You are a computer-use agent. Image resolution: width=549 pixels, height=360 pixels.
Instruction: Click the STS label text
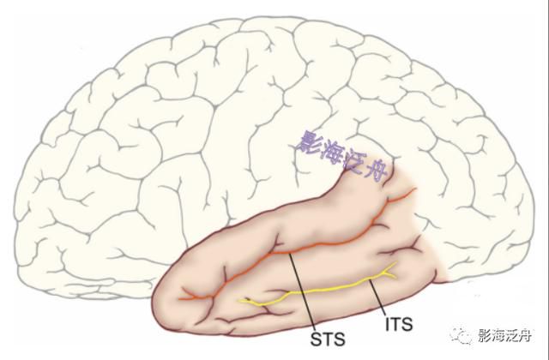328,339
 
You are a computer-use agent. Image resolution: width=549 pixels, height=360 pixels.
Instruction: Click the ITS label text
399,324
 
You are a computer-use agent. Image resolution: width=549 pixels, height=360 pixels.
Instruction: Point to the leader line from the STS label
300,291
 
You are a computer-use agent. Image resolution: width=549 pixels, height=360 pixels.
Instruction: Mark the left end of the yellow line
239,300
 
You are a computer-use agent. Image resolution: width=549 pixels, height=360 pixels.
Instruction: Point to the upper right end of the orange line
415,189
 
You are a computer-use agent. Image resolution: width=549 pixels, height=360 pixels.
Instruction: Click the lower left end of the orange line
179,299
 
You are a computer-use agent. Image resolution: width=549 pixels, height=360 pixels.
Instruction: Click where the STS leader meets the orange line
289,254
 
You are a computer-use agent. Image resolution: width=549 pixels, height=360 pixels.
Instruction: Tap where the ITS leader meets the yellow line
370,280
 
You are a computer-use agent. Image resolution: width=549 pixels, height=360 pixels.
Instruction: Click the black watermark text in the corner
505,335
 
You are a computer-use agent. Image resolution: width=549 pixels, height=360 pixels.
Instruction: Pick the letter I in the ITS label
387,324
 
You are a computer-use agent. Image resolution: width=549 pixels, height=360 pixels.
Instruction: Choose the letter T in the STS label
328,339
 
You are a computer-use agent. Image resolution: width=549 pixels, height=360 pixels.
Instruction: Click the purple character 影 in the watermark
309,142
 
